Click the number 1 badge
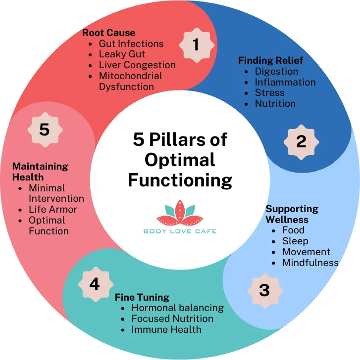(x=196, y=45)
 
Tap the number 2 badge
(x=301, y=141)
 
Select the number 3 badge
(x=264, y=290)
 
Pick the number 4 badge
(x=94, y=284)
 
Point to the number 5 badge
(x=45, y=130)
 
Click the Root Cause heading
(x=108, y=33)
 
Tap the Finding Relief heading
(x=270, y=60)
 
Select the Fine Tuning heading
(x=142, y=297)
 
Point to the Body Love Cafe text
(x=180, y=231)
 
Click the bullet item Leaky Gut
(x=122, y=54)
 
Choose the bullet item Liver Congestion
(x=137, y=65)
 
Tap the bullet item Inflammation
(x=285, y=82)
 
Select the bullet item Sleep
(x=295, y=241)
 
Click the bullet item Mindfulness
(x=310, y=263)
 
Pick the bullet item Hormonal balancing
(x=177, y=308)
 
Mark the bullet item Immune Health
(x=166, y=329)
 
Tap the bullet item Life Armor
(x=52, y=209)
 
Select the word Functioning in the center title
(x=180, y=180)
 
